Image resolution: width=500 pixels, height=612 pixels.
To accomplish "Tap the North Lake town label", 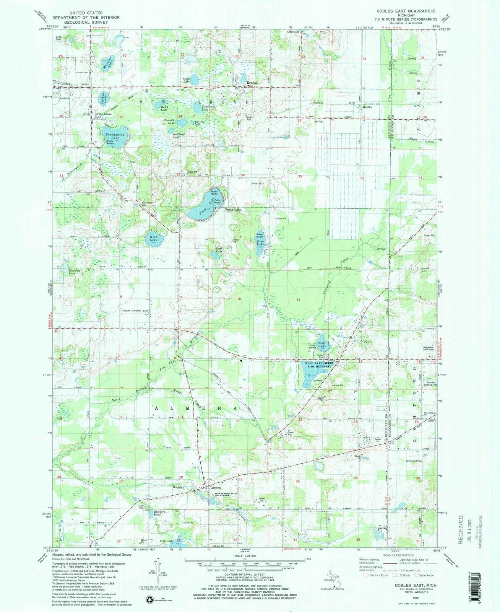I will coord(233,210).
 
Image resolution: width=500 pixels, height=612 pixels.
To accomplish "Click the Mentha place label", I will coord(367,107).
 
